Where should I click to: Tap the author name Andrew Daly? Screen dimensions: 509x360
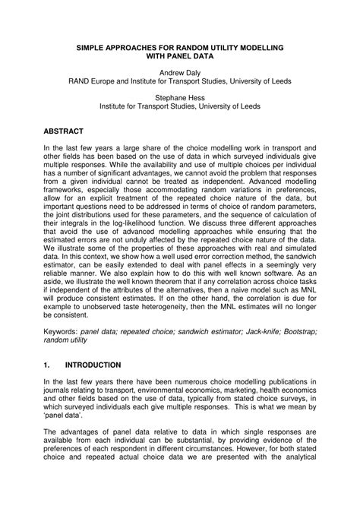[x=180, y=74]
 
